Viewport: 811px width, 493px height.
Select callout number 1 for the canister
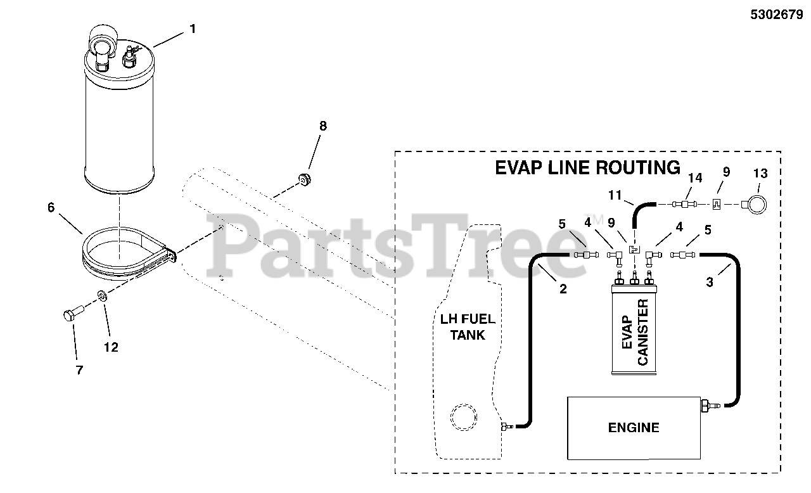pyautogui.click(x=193, y=29)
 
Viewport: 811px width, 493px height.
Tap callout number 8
pyautogui.click(x=323, y=126)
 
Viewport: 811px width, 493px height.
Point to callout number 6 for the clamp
pyautogui.click(x=51, y=207)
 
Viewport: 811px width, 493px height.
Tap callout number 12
pyautogui.click(x=111, y=347)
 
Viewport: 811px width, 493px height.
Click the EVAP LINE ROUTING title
pyautogui.click(x=587, y=168)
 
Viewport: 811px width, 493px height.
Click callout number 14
pyautogui.click(x=695, y=178)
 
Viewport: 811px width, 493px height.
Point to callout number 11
pyautogui.click(x=615, y=195)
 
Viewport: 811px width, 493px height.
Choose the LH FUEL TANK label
pyautogui.click(x=468, y=326)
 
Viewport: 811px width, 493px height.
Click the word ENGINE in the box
pyautogui.click(x=634, y=428)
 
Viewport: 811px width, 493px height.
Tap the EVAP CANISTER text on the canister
pyautogui.click(x=634, y=333)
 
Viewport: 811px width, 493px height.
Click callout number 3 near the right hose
pyautogui.click(x=710, y=283)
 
